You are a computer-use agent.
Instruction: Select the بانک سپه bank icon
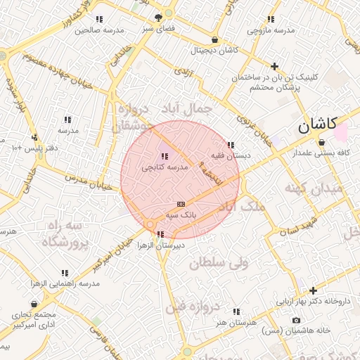181,203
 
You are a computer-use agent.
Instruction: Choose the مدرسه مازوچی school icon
271,20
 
